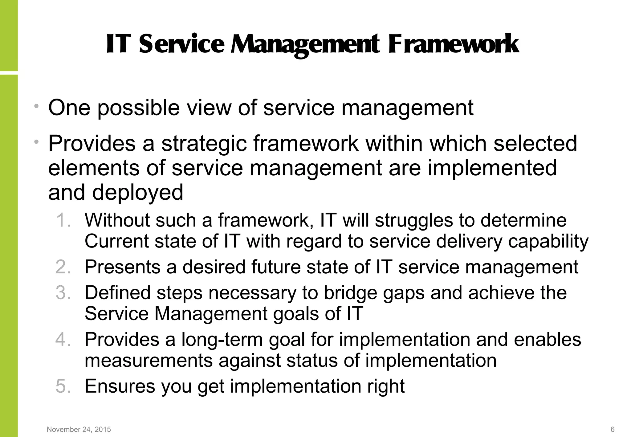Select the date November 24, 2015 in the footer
coord(79,429)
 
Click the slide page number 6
coord(613,429)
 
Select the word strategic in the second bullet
coord(204,144)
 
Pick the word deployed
coord(137,193)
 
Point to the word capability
coord(548,242)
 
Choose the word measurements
coord(149,361)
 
